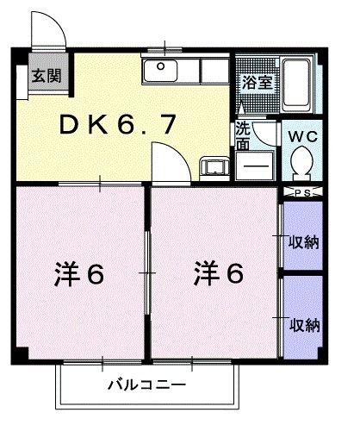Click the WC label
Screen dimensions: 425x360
(301, 135)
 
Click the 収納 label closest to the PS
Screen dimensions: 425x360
(304, 241)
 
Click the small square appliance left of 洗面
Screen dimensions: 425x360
(212, 166)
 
